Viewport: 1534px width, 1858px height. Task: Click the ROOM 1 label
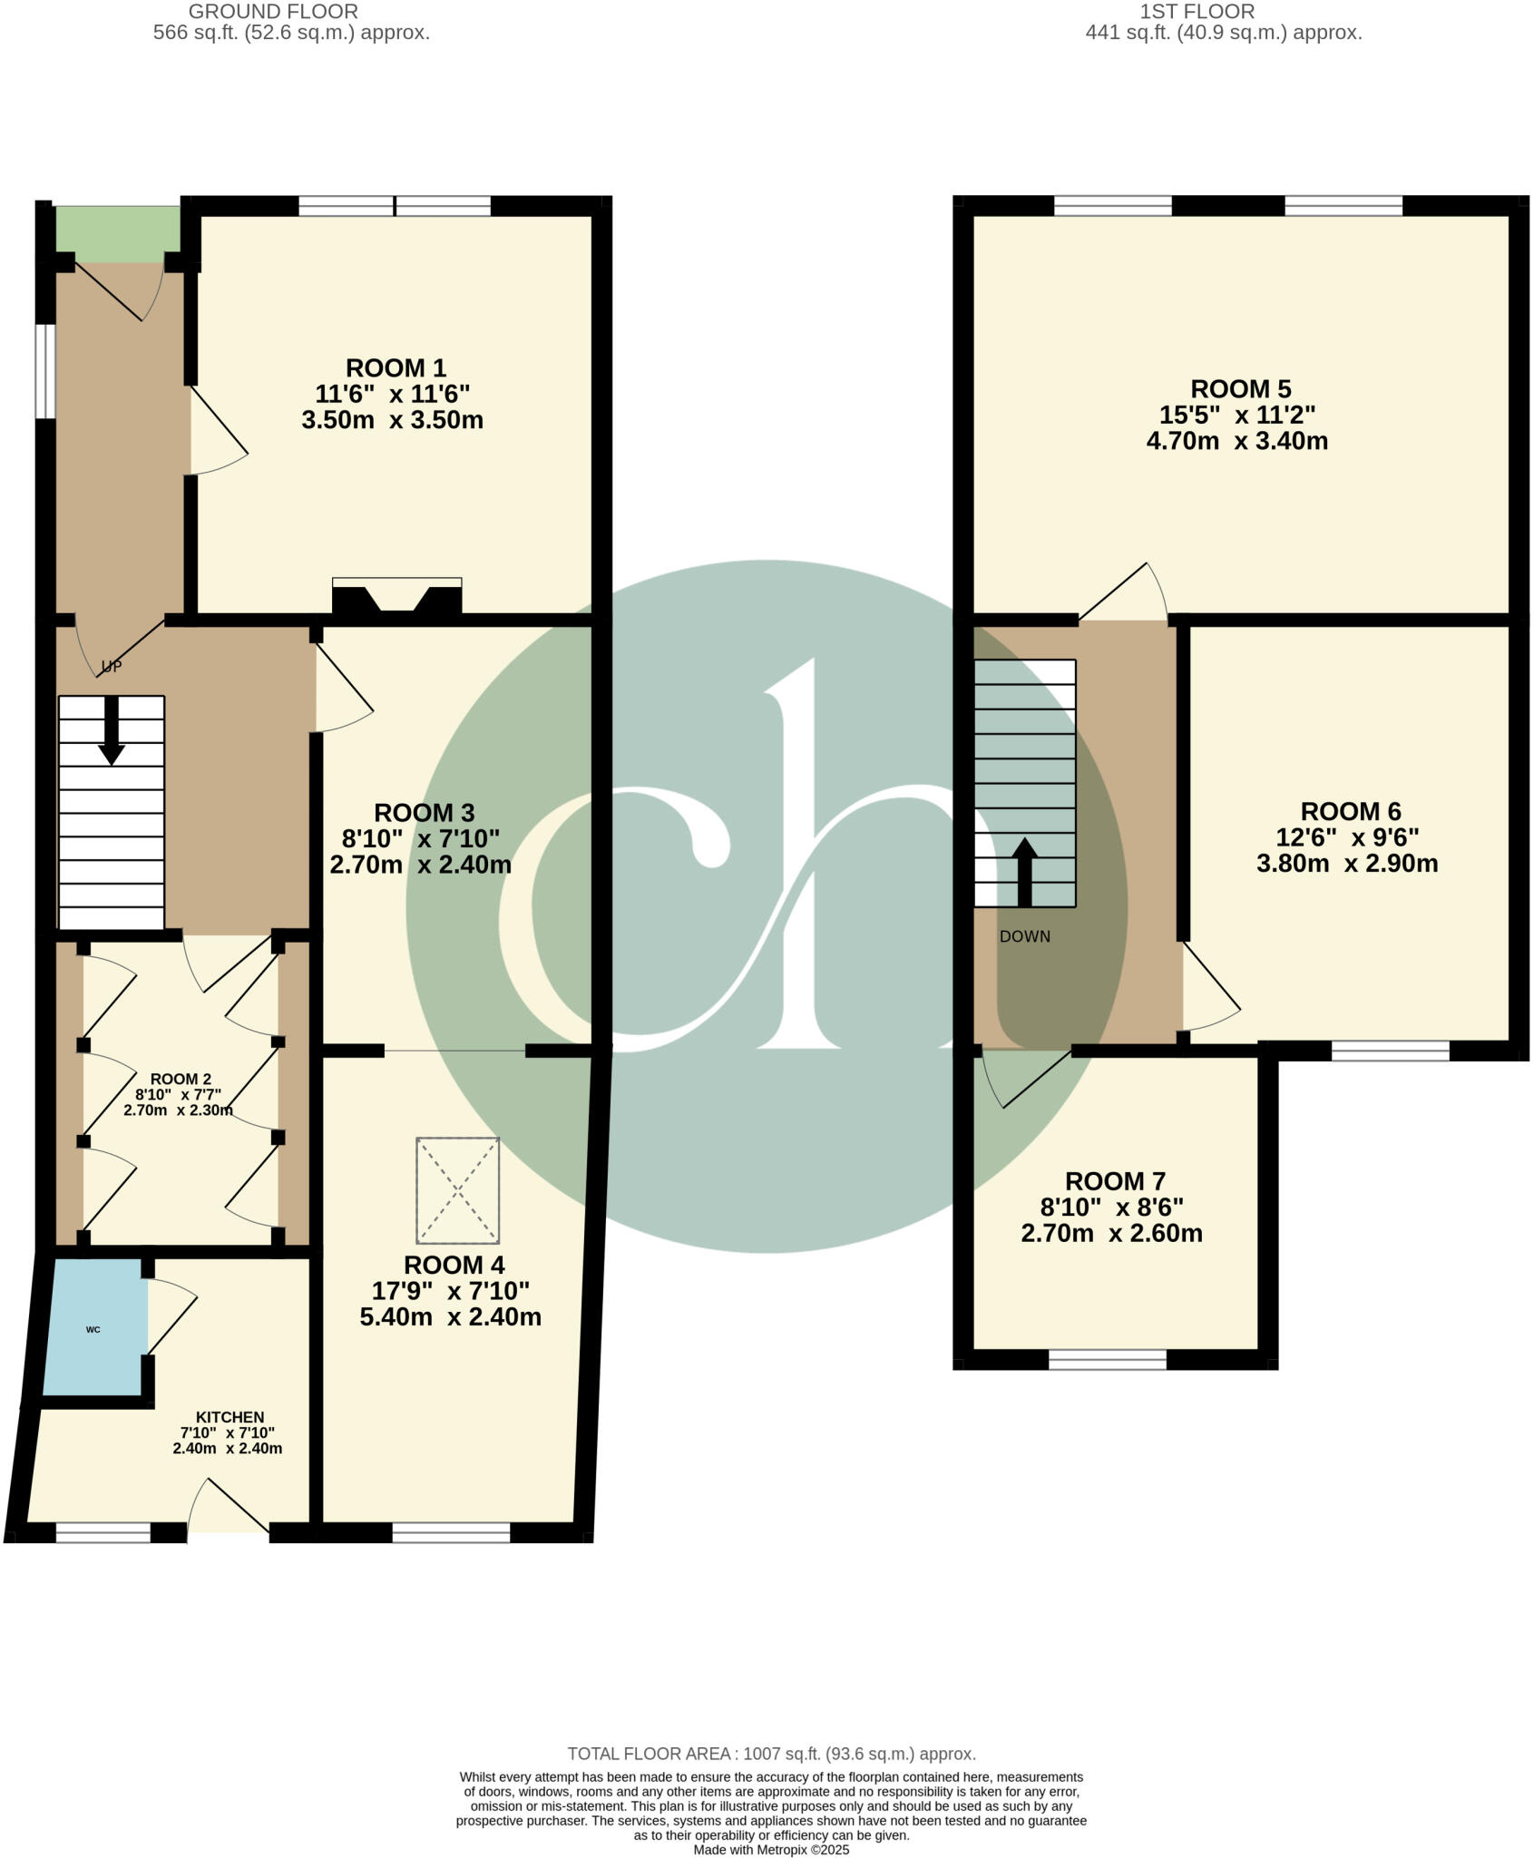pos(396,368)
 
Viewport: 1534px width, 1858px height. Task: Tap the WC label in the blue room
pos(93,1330)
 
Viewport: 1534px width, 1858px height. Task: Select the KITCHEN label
pos(230,1417)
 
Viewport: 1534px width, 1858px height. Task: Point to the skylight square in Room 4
pos(457,1190)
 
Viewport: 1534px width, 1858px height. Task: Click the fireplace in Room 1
pos(396,598)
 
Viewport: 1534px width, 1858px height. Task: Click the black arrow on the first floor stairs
pos(1024,872)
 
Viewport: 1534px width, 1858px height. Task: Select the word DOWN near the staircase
pos(1024,936)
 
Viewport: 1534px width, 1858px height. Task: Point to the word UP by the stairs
pos(111,667)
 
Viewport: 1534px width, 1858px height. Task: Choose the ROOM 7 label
pos(1114,1181)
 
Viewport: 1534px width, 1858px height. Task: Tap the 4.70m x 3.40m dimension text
pos(1236,442)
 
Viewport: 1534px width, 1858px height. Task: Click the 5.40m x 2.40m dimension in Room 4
pos(450,1316)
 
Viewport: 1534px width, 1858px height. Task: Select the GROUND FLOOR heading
pos(273,12)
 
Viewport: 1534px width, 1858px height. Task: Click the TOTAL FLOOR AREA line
pos(771,1754)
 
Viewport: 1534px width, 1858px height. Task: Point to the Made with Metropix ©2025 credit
pos(771,1849)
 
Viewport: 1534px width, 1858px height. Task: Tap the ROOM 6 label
pos(1350,811)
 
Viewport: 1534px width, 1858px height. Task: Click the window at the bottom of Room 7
pos(1107,1358)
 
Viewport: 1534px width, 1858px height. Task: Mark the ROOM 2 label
pos(181,1079)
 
